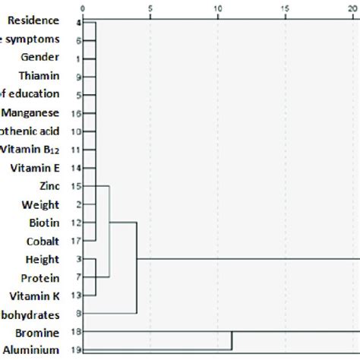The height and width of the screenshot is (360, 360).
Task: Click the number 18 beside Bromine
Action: (x=77, y=332)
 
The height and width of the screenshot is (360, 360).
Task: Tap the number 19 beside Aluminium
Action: (x=77, y=349)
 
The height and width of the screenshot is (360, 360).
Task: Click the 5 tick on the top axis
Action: (x=150, y=8)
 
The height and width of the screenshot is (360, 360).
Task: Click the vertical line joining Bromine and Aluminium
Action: (x=231, y=341)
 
